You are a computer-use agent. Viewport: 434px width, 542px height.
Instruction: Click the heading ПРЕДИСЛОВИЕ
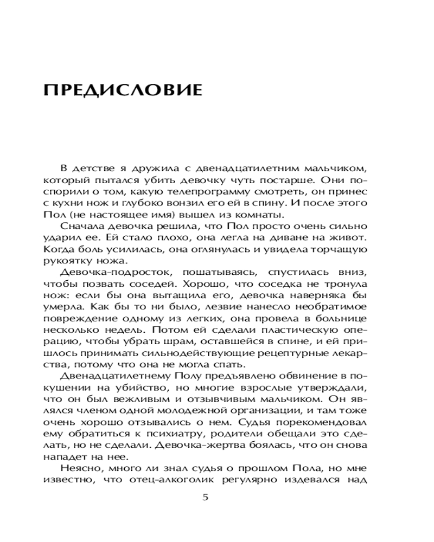pos(122,88)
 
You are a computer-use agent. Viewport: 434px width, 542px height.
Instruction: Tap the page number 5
pos(205,498)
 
